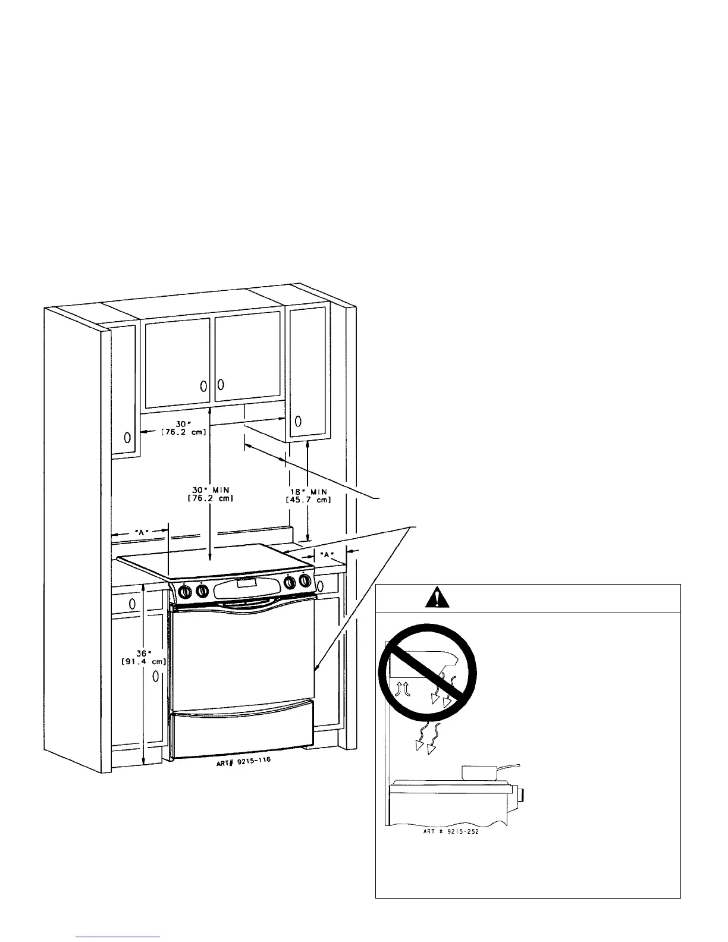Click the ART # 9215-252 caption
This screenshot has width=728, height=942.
point(446,832)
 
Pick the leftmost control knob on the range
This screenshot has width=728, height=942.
point(185,592)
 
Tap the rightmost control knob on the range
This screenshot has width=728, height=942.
point(306,580)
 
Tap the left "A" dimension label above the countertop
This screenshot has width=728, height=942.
point(140,532)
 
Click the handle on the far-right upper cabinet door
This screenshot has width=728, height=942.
point(298,421)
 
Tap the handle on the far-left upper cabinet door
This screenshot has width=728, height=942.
point(127,438)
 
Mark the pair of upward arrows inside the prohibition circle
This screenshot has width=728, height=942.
point(401,689)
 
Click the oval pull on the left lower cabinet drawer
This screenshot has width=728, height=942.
point(132,603)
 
